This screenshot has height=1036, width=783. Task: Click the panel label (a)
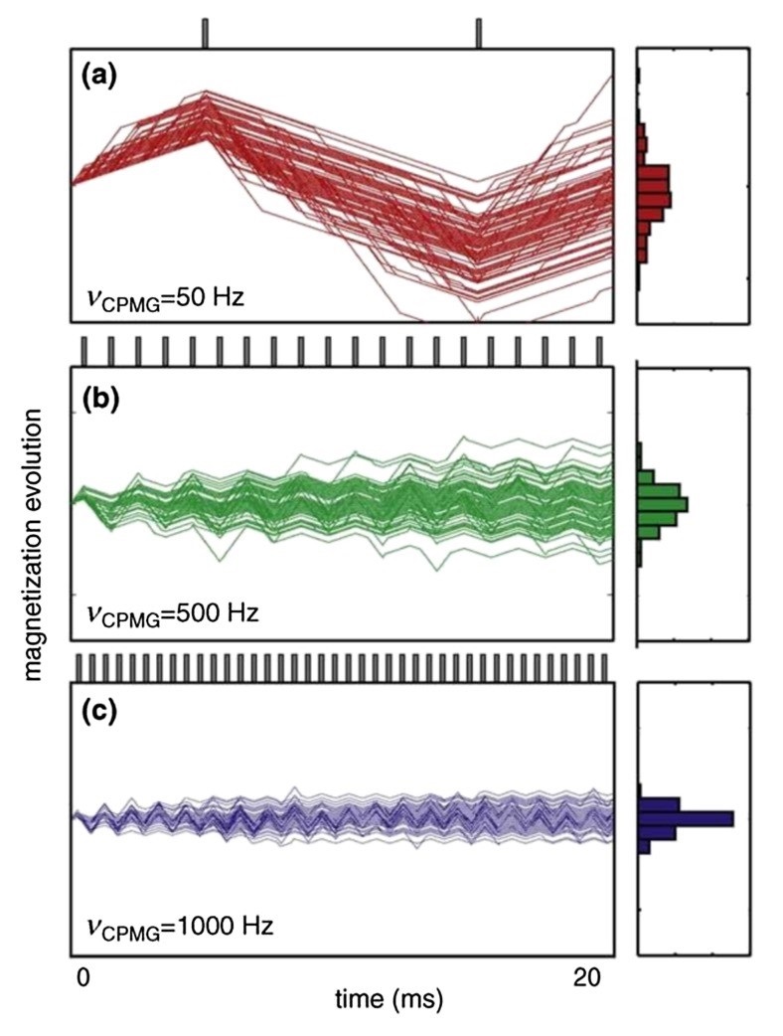(101, 77)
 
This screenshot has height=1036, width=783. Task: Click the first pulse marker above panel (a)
(206, 32)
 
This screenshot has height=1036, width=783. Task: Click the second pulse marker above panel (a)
(479, 32)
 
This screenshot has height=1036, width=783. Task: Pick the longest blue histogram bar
(686, 818)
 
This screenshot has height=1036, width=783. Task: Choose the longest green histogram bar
(662, 503)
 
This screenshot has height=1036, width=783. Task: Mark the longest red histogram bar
(655, 199)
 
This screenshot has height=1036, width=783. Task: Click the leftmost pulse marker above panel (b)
(83, 350)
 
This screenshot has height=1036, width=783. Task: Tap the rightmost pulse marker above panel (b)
(599, 350)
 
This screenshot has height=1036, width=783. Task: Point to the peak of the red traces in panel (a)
(206, 94)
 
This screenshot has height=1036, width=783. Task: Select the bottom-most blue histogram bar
(644, 847)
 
